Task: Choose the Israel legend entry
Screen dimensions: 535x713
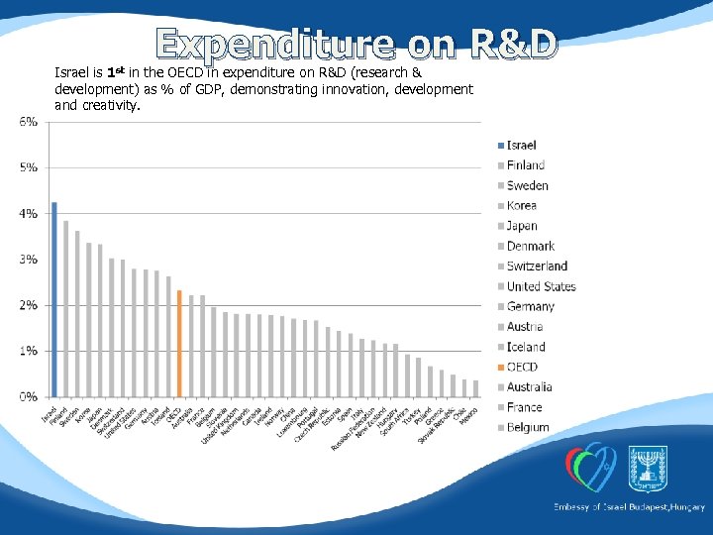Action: pos(521,146)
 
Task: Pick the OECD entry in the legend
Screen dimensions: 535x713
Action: pos(522,367)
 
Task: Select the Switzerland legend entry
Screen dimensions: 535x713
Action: pos(537,266)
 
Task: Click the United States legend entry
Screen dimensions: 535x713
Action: pos(541,286)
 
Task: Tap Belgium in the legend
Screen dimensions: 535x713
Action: pos(527,427)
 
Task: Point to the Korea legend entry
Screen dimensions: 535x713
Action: pos(521,205)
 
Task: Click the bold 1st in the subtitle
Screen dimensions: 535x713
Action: pos(117,72)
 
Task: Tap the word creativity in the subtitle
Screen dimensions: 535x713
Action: pos(109,104)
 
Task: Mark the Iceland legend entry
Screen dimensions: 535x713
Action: pos(526,347)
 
